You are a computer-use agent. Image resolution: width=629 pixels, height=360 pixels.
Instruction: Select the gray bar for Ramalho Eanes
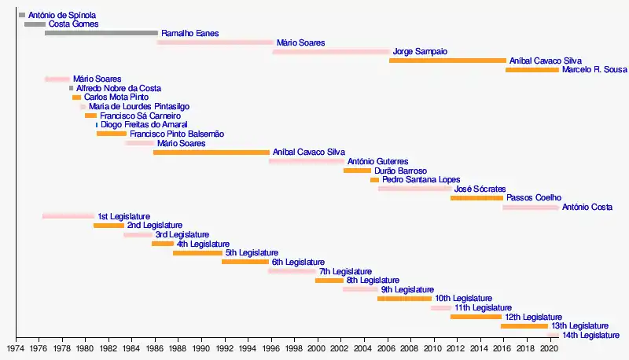(101, 33)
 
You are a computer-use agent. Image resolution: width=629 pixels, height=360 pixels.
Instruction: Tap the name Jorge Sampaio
(420, 51)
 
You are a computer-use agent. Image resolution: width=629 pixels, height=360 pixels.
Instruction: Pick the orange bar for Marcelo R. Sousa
(532, 70)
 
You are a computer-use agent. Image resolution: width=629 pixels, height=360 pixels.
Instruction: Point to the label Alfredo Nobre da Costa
(118, 88)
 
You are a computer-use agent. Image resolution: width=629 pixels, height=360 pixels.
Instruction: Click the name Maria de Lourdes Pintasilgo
(138, 106)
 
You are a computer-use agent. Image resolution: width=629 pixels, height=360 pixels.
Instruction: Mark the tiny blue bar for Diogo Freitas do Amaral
(97, 125)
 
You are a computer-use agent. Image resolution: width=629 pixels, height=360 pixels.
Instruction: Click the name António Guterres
(377, 161)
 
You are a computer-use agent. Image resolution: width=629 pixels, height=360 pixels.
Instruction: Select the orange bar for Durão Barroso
(357, 171)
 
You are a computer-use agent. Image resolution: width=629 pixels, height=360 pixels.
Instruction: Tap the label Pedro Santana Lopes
(421, 179)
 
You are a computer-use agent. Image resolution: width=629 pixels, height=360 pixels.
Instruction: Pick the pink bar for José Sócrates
(414, 189)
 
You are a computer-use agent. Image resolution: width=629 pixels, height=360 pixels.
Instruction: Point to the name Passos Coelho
(533, 198)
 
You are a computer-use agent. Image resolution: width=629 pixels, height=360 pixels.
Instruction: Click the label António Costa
(587, 207)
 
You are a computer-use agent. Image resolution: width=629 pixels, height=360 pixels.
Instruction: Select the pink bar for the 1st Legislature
(68, 216)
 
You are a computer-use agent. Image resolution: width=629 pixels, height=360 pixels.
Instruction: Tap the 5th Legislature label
(252, 252)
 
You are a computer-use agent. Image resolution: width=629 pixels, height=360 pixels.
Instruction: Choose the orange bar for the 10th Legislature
(404, 299)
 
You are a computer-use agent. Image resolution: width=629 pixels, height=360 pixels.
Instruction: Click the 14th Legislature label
(590, 335)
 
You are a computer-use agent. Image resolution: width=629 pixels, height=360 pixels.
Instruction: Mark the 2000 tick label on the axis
(317, 347)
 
